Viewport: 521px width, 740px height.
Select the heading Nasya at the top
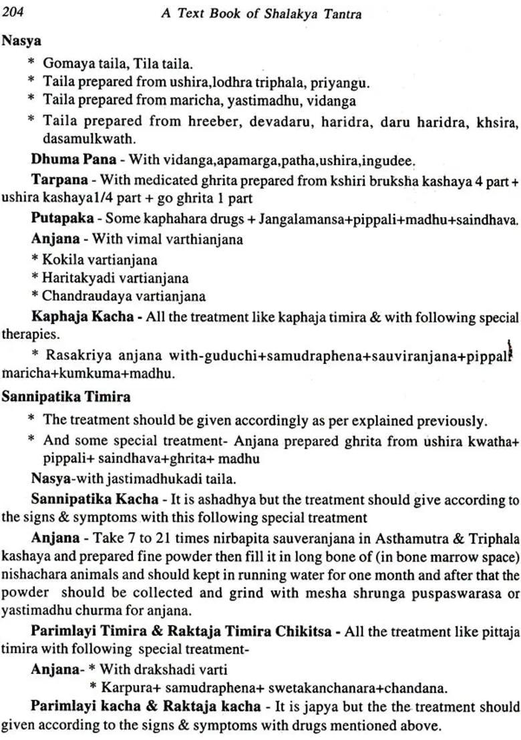pos(21,41)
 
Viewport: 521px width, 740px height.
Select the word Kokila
pos(64,259)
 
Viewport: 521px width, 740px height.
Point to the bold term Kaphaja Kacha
pos(82,317)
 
